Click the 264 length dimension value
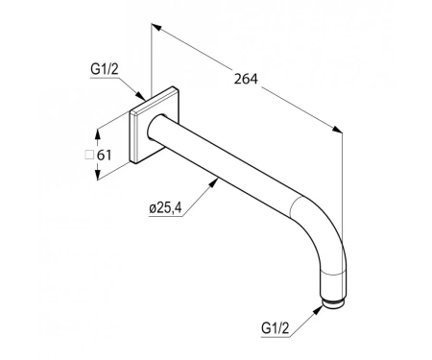[x=246, y=79]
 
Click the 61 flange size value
[x=104, y=156]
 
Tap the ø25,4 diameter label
[x=165, y=208]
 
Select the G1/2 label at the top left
[x=105, y=69]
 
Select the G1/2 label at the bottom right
[x=276, y=328]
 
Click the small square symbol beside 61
[x=88, y=155]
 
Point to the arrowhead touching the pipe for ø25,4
[x=214, y=182]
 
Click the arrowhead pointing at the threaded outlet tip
[x=318, y=310]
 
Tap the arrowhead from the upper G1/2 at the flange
[x=141, y=95]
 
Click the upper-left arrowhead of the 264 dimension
[x=156, y=27]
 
